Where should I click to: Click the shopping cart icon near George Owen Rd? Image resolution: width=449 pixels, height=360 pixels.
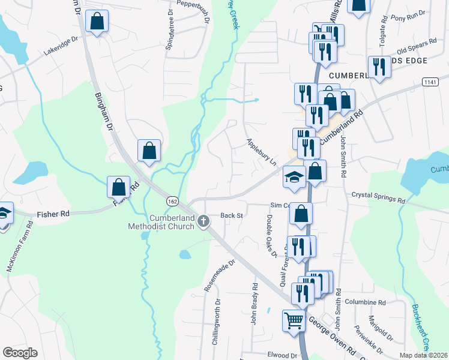(294, 320)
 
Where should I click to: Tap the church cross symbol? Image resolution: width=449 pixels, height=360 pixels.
(203, 221)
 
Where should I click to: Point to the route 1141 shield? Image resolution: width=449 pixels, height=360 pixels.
(430, 82)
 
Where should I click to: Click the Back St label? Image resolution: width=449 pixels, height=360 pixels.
(231, 215)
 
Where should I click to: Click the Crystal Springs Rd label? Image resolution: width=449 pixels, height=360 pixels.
(378, 196)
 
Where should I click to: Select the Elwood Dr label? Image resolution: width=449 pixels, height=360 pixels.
(284, 355)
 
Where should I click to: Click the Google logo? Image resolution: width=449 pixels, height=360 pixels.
(20, 353)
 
